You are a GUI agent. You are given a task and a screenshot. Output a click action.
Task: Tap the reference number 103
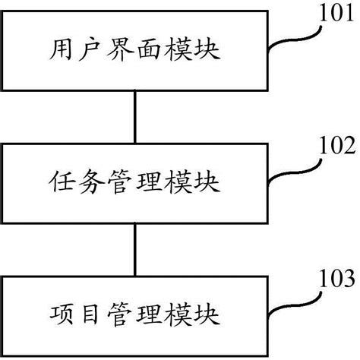pos(335,276)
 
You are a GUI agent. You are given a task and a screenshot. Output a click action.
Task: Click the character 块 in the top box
pos(213,52)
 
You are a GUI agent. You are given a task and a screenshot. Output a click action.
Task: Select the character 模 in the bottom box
pos(182,311)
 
